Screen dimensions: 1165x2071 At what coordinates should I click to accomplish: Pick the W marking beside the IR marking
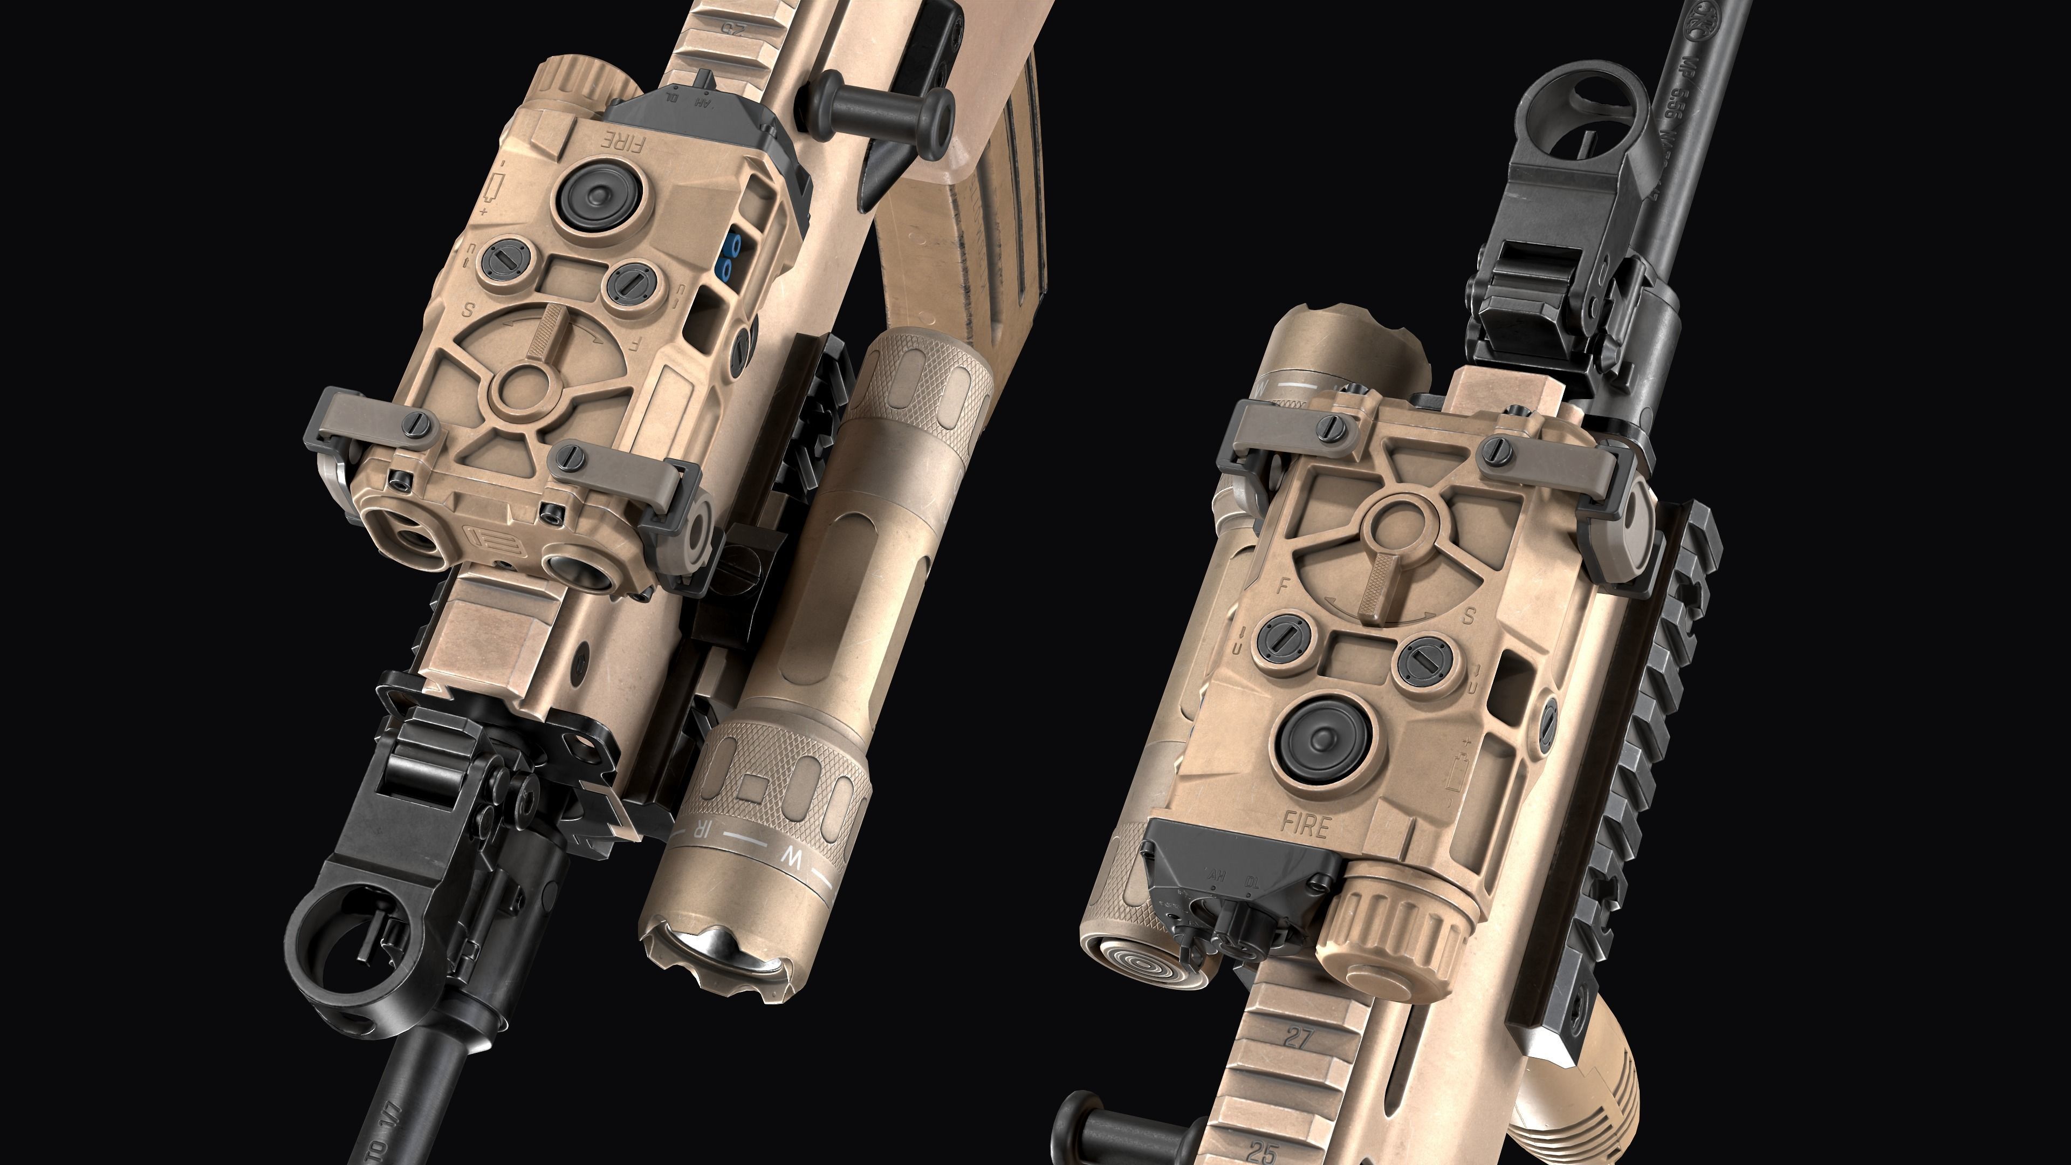point(793,858)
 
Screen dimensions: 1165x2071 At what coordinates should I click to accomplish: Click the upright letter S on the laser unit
point(1468,616)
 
